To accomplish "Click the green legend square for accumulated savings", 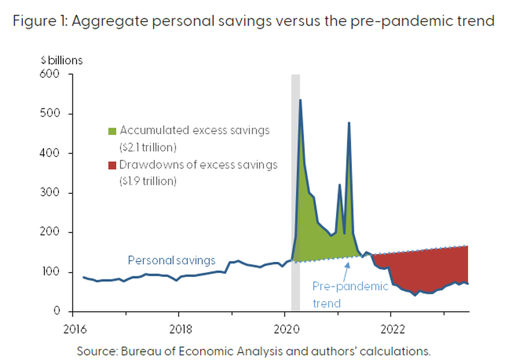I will click(x=111, y=131).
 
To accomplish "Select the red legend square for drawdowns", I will click(x=111, y=165).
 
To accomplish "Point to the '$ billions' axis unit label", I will click(x=61, y=60).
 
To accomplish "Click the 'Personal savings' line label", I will click(x=172, y=261).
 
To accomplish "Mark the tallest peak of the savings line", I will click(x=300, y=101).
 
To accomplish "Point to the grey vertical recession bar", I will click(x=295, y=181).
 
